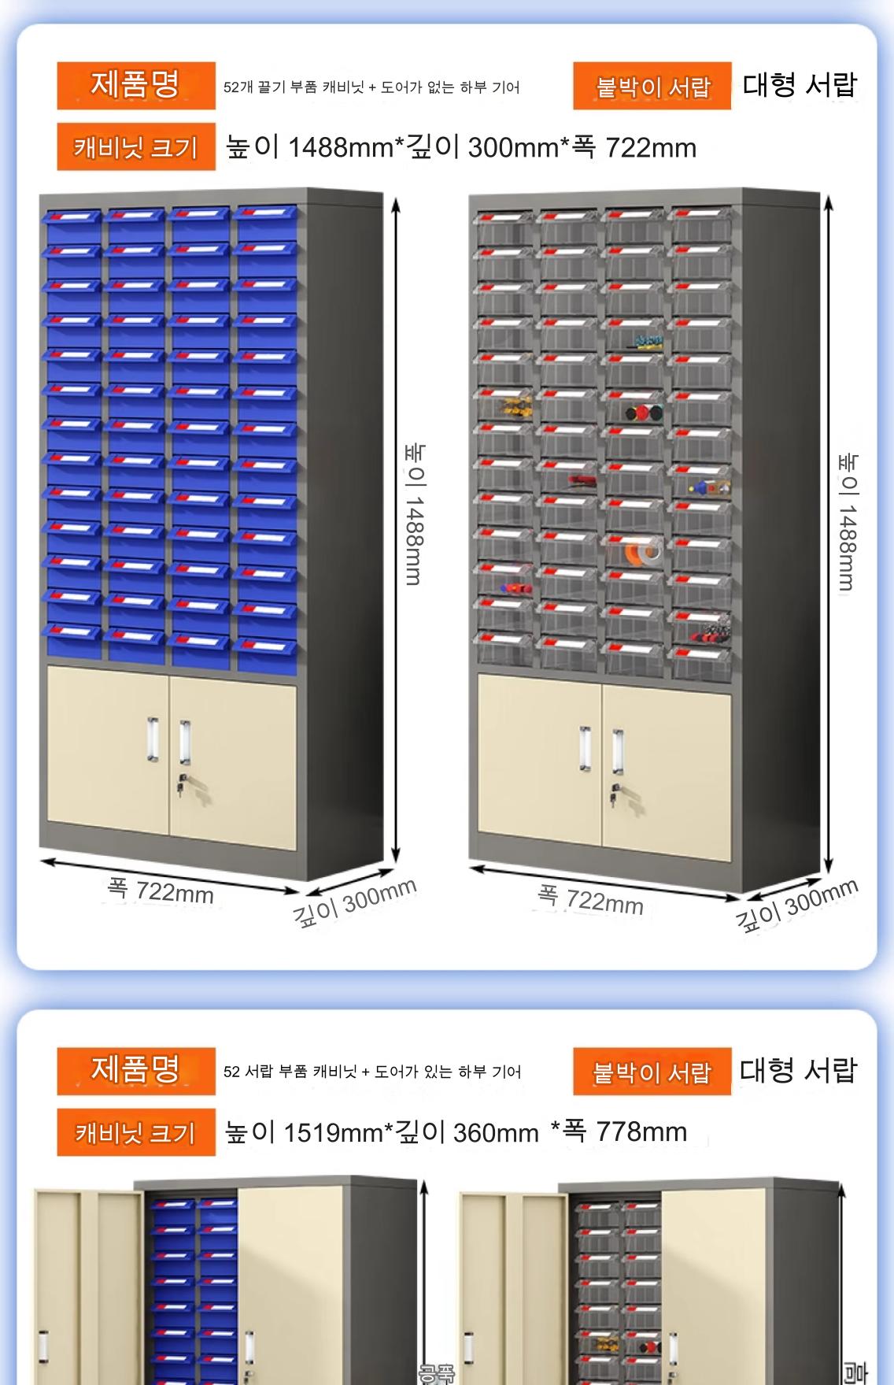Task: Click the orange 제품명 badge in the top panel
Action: pos(135,85)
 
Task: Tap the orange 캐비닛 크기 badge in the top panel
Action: pos(135,147)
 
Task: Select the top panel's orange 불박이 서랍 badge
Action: pos(652,86)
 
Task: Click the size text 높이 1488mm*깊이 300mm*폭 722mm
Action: pos(461,147)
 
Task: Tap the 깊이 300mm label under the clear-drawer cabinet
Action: pos(796,905)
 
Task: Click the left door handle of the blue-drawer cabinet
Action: pos(153,739)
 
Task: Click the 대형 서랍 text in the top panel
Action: pos(799,85)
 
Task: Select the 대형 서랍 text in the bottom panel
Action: pos(797,1070)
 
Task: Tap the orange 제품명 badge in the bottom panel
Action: pos(135,1070)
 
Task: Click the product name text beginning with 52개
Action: pos(371,87)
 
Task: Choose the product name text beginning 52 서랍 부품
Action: pos(372,1072)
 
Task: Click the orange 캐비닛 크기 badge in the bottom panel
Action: pos(135,1132)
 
